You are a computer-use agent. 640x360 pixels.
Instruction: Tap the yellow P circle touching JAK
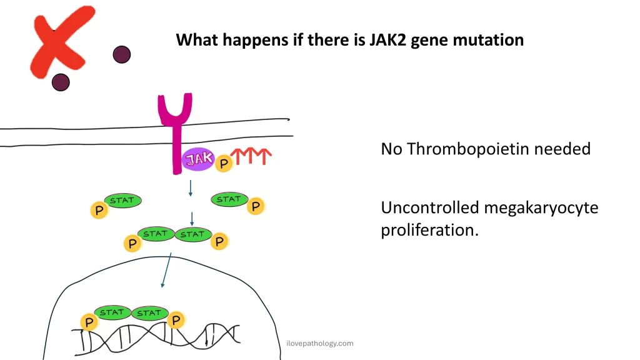[223, 164]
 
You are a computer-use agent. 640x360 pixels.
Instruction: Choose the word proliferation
[429, 230]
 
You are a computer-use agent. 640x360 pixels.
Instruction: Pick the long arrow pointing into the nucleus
[166, 270]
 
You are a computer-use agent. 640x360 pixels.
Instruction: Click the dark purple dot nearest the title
[122, 54]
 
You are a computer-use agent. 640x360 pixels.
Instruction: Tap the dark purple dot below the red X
[61, 82]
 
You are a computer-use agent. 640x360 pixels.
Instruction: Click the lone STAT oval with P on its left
[122, 201]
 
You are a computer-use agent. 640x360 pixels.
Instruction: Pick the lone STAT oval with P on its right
[229, 199]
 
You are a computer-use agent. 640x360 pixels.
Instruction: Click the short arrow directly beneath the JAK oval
[189, 187]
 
